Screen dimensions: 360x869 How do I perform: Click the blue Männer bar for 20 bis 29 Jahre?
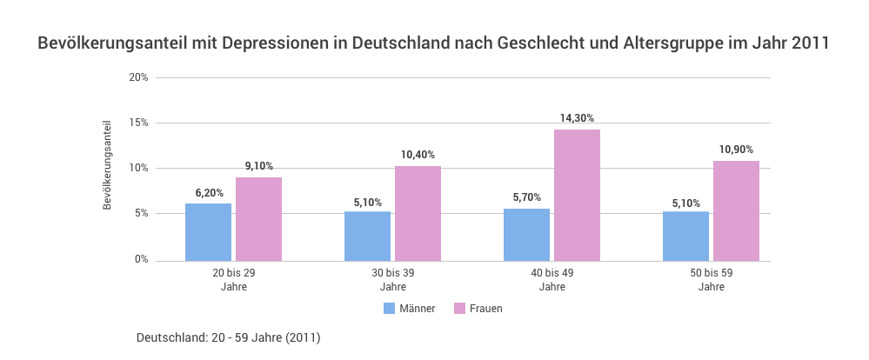click(x=208, y=232)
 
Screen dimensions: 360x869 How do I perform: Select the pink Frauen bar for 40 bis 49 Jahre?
click(x=577, y=195)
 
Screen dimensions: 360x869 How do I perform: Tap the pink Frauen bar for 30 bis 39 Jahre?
click(x=418, y=213)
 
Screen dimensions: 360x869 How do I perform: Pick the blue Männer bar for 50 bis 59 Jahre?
click(x=685, y=236)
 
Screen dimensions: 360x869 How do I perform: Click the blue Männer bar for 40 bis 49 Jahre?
click(x=526, y=234)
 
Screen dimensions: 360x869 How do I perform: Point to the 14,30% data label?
click(x=577, y=118)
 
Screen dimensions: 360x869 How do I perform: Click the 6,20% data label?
click(x=209, y=192)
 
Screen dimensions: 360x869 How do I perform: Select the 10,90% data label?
click(x=736, y=150)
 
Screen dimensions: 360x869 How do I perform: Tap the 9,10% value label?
click(x=258, y=166)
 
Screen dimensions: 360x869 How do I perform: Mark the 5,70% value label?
click(x=527, y=197)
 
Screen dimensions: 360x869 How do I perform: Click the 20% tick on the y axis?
click(x=138, y=77)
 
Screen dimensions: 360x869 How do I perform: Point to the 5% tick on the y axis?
click(x=141, y=214)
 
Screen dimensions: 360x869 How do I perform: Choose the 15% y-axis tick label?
click(x=138, y=123)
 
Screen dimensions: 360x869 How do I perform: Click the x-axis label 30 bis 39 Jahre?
click(x=392, y=279)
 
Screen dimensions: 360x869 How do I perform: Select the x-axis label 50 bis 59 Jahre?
click(x=711, y=279)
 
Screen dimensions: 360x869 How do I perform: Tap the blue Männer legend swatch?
click(x=389, y=308)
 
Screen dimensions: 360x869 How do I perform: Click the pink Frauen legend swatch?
click(x=459, y=308)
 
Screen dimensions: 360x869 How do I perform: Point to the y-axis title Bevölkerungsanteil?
click(x=107, y=165)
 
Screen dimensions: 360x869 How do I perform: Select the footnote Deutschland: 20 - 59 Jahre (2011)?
click(x=229, y=337)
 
